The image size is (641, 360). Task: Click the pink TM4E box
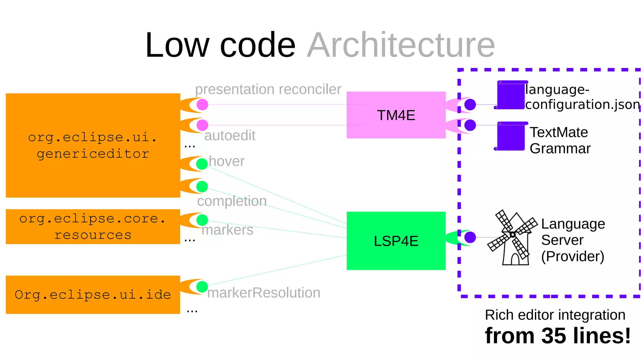point(396,115)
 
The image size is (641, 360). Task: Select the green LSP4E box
point(396,241)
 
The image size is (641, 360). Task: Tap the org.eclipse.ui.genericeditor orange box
point(93,145)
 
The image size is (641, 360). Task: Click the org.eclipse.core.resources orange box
point(93,226)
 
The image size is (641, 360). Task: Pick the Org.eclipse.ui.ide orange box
point(93,295)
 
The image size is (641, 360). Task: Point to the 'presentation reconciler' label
point(268,89)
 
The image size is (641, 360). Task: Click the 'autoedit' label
point(230,136)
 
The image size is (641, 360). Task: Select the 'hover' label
point(227,161)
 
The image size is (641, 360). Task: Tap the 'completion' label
point(232,201)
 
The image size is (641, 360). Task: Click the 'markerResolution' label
point(264,293)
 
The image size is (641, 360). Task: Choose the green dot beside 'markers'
point(202,220)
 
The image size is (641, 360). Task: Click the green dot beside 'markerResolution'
point(202,286)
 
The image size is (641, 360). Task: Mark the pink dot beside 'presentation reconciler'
point(203,105)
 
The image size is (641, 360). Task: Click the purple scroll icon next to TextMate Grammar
point(511,136)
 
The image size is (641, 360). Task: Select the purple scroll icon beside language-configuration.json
point(511,95)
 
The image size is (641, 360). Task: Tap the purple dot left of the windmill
point(470,237)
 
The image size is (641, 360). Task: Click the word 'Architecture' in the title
point(401,45)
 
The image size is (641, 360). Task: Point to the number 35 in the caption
point(554,336)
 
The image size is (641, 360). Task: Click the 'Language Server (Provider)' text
point(573,240)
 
